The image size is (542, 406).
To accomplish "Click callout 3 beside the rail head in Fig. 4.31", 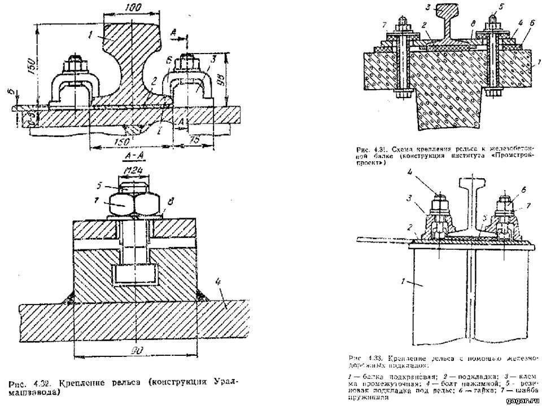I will [429, 7].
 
